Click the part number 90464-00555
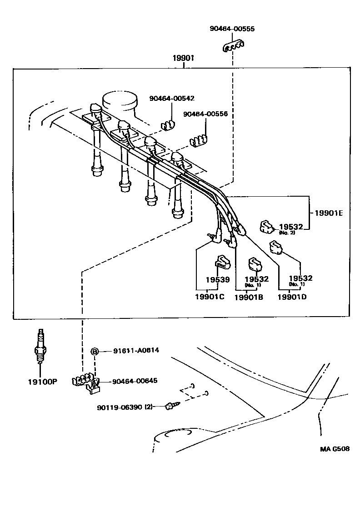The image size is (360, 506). [x=232, y=29]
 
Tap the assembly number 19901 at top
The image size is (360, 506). [x=183, y=58]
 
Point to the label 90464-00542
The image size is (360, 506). [x=172, y=99]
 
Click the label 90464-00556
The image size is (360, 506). [x=205, y=114]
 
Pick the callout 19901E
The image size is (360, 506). [x=329, y=212]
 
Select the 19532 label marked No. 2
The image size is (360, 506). [x=291, y=227]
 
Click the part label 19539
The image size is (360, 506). [x=218, y=280]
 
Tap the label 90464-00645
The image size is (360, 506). [x=135, y=380]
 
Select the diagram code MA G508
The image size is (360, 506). [x=335, y=449]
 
